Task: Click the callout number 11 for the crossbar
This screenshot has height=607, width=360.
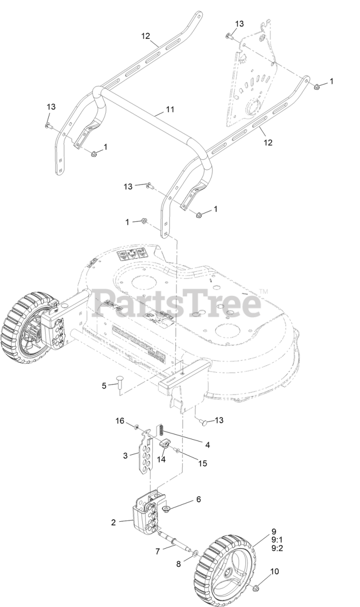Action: point(170,110)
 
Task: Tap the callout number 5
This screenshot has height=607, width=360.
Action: point(104,386)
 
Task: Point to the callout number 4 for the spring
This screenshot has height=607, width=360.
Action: point(207,445)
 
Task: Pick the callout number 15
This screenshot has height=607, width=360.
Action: point(203,463)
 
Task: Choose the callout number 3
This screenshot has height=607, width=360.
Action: point(125,456)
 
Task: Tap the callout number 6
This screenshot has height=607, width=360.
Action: point(199,499)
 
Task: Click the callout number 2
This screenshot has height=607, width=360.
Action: point(113,523)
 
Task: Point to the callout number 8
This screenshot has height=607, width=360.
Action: point(179,564)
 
